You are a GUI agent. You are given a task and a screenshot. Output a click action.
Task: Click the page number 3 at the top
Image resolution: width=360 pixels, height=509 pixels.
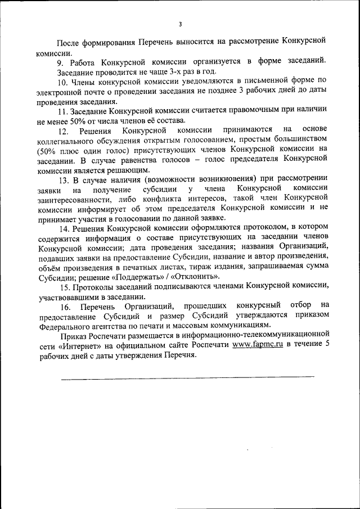point(180,24)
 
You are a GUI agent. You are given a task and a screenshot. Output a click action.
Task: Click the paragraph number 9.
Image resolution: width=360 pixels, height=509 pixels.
point(60,61)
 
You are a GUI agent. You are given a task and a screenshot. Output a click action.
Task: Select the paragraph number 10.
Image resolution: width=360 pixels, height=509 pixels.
point(62,82)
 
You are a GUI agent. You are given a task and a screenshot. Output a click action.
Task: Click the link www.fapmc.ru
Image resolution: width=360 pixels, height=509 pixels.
point(257,345)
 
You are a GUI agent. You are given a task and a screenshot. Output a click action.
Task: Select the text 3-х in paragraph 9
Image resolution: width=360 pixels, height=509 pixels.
point(168,71)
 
